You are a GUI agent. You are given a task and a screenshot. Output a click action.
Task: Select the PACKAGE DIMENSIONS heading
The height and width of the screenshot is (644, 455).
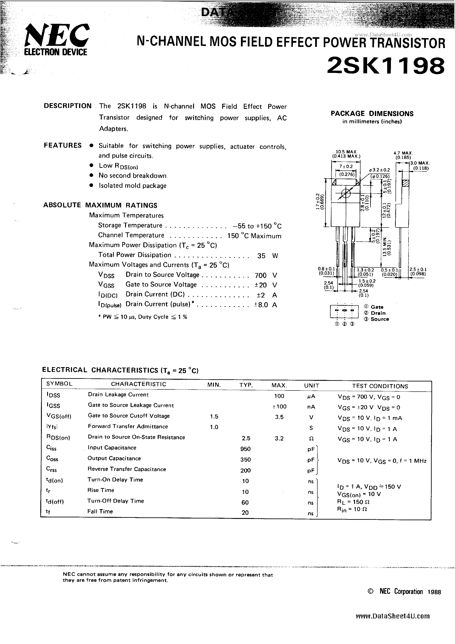372,114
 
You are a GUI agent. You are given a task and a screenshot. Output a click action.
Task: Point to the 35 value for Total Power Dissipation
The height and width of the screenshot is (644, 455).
261,255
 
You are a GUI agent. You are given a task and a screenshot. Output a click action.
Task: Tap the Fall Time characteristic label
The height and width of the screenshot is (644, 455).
100,511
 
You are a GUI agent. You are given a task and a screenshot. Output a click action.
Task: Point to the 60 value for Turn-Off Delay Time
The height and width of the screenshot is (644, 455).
245,502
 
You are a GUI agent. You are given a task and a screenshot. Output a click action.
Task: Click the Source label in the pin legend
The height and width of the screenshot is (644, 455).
379,319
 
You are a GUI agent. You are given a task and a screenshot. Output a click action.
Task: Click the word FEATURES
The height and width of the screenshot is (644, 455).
63,145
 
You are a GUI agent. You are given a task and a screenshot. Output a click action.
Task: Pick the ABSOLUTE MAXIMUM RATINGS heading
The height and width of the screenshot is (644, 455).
100,205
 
